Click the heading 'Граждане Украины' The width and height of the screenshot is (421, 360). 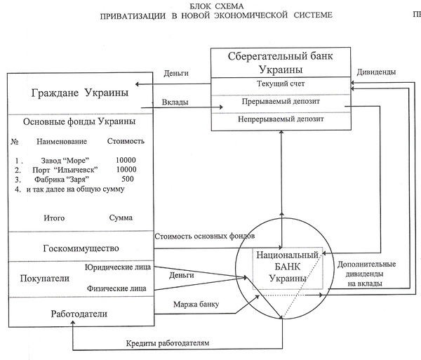(x=76, y=93)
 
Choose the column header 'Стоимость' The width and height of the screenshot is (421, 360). (x=126, y=141)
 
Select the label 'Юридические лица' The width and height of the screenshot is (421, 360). (x=117, y=267)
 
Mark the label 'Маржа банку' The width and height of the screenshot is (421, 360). (x=196, y=305)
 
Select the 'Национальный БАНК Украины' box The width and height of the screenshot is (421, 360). (x=288, y=267)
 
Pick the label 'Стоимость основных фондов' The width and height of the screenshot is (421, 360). (x=199, y=235)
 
